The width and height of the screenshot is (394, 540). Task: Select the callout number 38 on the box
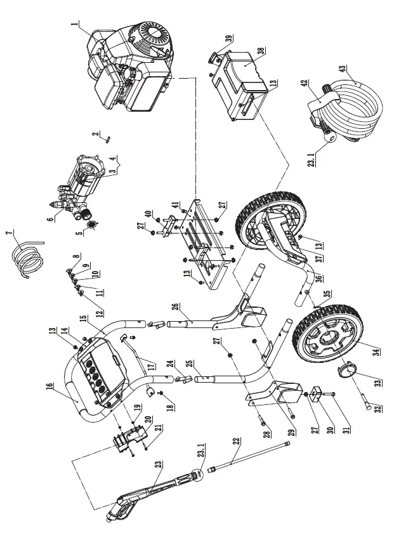(261, 50)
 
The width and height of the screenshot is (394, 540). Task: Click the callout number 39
(228, 39)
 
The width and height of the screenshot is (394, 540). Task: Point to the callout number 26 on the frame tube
(175, 310)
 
